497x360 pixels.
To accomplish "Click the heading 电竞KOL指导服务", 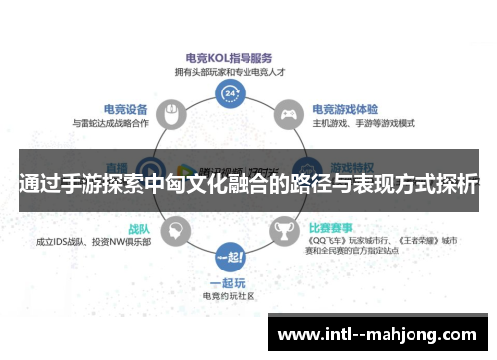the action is click(x=229, y=58).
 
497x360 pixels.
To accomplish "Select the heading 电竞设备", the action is click(x=127, y=108).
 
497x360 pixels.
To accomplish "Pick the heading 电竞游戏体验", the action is click(x=343, y=108).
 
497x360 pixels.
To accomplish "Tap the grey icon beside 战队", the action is click(x=174, y=231).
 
